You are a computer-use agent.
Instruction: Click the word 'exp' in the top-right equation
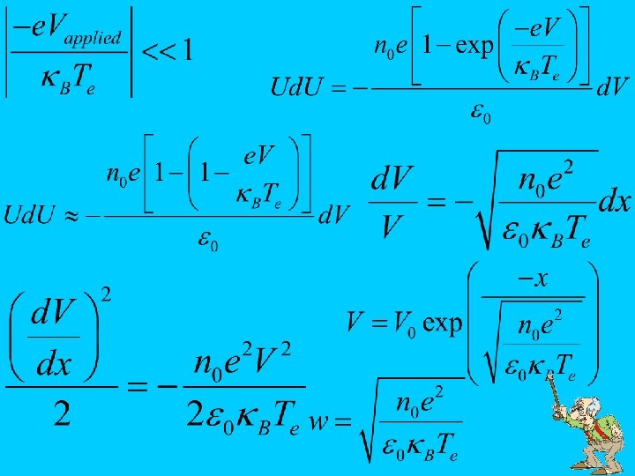(475, 46)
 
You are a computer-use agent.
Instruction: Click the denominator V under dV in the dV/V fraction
(390, 228)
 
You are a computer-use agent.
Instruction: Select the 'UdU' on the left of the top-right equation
(297, 87)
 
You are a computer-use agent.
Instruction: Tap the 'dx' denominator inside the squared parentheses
(54, 364)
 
